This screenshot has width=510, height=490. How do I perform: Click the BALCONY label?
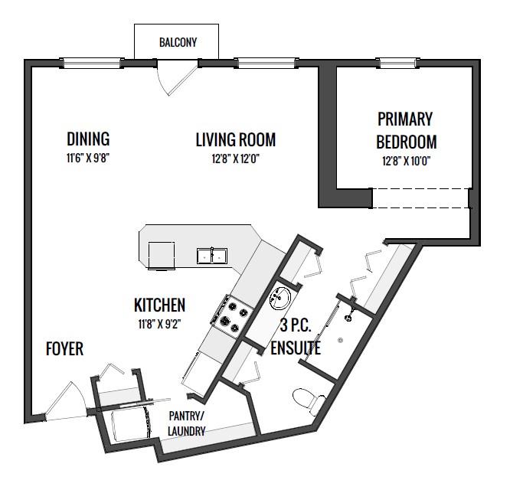click(178, 43)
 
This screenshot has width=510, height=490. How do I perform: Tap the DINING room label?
click(88, 139)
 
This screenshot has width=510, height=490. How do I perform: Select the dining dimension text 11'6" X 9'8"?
click(88, 158)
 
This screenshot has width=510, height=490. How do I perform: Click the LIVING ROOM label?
click(236, 140)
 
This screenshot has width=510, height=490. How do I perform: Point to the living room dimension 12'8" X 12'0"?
click(236, 159)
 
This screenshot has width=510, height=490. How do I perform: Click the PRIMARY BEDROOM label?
click(406, 131)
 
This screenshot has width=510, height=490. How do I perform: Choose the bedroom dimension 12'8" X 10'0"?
click(407, 161)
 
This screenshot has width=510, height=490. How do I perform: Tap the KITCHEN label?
click(160, 305)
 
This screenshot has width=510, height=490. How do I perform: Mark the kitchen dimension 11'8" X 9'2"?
click(159, 324)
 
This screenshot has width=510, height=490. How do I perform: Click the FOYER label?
click(65, 349)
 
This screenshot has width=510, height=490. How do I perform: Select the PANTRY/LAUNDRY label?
click(187, 423)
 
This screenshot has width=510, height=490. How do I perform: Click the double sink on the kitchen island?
click(212, 256)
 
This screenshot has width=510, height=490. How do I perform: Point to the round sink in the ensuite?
click(280, 298)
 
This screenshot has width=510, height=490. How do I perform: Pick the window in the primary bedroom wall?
click(397, 63)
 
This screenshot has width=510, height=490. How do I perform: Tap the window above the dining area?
click(91, 63)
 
